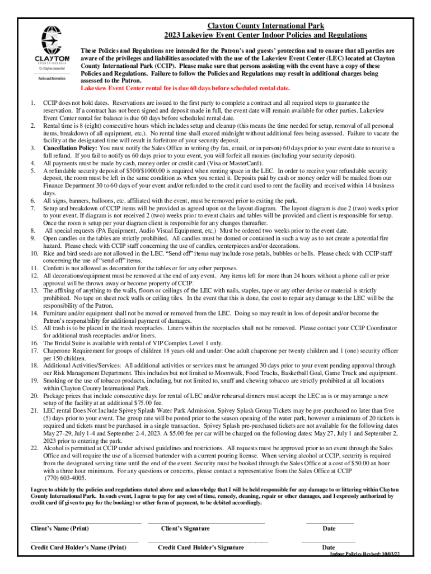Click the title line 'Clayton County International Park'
pyautogui.click(x=266, y=26)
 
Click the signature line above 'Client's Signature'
pyautogui.click(x=206, y=522)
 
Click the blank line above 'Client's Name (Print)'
pyautogui.click(x=85, y=522)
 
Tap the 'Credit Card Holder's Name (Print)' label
pyautogui.click(x=78, y=547)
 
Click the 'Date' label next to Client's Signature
pyautogui.click(x=329, y=529)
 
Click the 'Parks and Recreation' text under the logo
pyautogui.click(x=50, y=78)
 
